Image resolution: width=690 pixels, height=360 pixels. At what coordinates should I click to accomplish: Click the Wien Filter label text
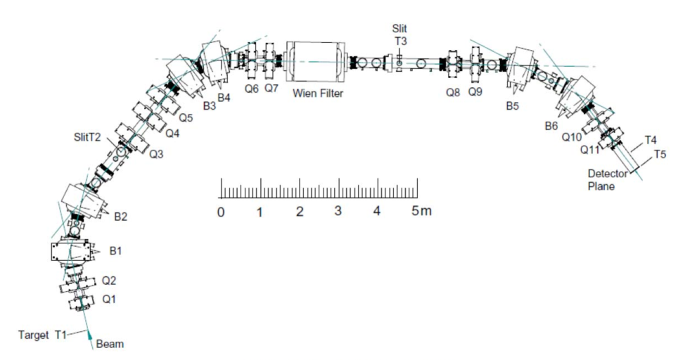click(318, 94)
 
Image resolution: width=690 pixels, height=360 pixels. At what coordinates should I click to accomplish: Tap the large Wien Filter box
click(316, 61)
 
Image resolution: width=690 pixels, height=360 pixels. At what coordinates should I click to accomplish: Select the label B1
click(115, 251)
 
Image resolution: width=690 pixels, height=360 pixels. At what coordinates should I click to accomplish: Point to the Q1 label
click(109, 300)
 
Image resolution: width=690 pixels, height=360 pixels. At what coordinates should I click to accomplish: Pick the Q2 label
click(109, 281)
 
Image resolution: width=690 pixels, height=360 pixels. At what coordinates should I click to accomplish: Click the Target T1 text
click(42, 335)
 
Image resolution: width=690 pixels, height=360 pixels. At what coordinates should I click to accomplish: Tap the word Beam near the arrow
click(110, 344)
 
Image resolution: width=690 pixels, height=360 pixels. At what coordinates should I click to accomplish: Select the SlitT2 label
click(87, 137)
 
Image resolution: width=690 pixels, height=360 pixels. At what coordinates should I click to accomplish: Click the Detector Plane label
click(608, 180)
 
